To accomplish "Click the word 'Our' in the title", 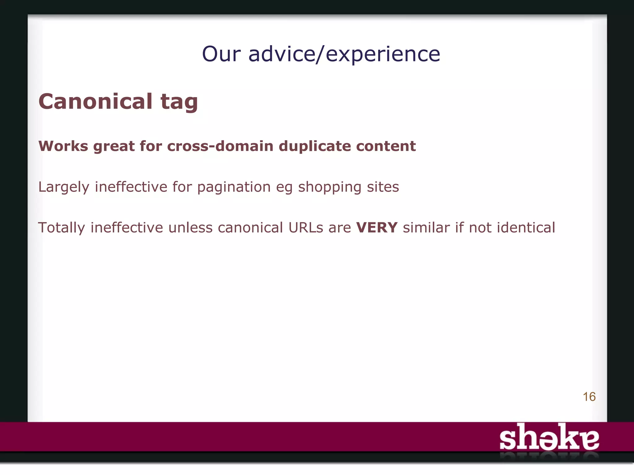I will tap(221, 54).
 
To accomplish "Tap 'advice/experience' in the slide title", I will tap(344, 54).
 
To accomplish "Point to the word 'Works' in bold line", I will tap(63, 146).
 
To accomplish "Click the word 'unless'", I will tap(190, 228).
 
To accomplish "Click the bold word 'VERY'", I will tap(377, 228).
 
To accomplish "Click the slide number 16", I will tap(589, 397).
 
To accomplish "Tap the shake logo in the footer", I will tap(549, 438).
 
